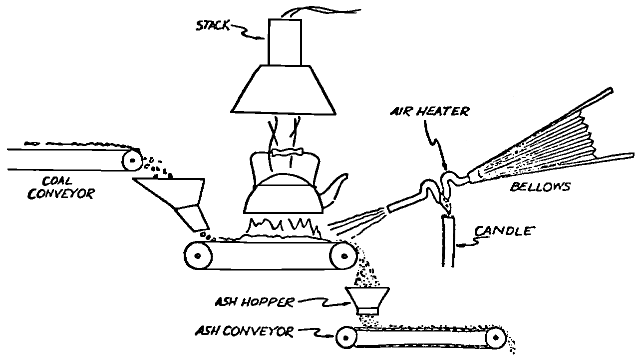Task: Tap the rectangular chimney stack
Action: pyautogui.click(x=285, y=42)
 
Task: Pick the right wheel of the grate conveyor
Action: pyautogui.click(x=344, y=256)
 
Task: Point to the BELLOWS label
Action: pyautogui.click(x=540, y=187)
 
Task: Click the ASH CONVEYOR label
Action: pyautogui.click(x=245, y=331)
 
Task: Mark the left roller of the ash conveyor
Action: pyautogui.click(x=344, y=338)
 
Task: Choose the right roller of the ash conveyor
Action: pyautogui.click(x=495, y=338)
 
